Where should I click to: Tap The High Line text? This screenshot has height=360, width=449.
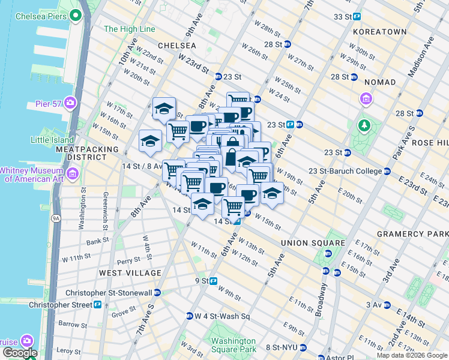click(129, 29)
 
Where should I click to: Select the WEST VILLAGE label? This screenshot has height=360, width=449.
click(130, 273)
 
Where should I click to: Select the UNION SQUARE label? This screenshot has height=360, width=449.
click(313, 243)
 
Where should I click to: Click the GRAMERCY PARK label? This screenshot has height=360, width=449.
click(412, 233)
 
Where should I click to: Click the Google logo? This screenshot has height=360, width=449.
click(19, 353)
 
